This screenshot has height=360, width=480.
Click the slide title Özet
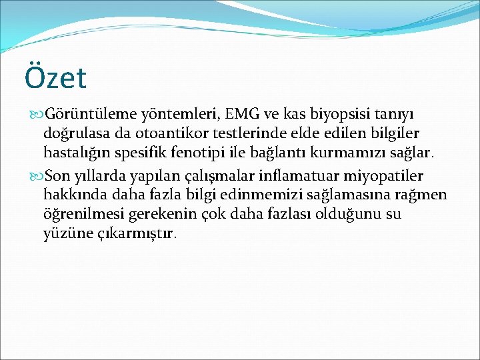55,78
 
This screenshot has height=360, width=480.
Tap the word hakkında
71,195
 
